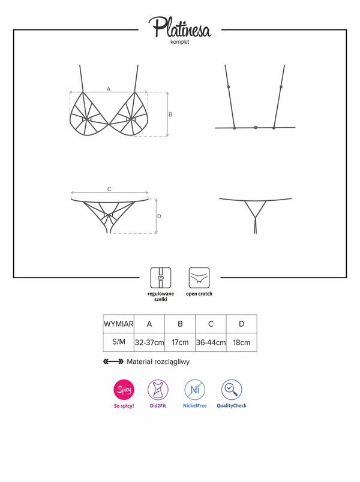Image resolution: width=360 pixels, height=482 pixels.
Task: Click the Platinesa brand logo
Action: (180, 27)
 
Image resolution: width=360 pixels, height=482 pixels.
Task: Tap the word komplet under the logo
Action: (180, 42)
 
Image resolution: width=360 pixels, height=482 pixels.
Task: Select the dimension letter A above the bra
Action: (109, 89)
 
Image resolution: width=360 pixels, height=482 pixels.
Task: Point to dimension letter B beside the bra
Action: (170, 115)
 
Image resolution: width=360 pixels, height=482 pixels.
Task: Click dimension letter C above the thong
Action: (110, 189)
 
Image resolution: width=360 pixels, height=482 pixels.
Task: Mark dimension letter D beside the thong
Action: (159, 216)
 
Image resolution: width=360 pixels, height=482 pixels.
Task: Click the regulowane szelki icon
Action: (161, 278)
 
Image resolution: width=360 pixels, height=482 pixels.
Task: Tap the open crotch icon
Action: (199, 278)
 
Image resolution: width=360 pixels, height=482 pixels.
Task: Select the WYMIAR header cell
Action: (119, 324)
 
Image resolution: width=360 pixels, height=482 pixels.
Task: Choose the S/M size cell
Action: (119, 342)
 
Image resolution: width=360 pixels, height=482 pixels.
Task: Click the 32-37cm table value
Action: (149, 342)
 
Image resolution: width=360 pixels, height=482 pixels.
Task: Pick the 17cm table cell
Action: (181, 342)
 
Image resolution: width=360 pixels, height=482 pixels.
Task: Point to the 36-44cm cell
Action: (211, 342)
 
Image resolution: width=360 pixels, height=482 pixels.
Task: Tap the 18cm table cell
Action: (242, 342)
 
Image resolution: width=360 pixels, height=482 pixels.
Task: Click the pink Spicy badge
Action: (124, 390)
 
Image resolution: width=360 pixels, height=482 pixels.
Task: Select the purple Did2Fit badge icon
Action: (158, 390)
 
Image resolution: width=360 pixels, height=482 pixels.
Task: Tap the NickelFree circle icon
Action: (195, 390)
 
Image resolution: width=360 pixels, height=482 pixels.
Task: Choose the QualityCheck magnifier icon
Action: (232, 390)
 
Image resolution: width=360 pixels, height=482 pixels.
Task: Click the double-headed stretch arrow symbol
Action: (113, 361)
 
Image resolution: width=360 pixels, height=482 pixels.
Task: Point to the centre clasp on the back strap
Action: (256, 127)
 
